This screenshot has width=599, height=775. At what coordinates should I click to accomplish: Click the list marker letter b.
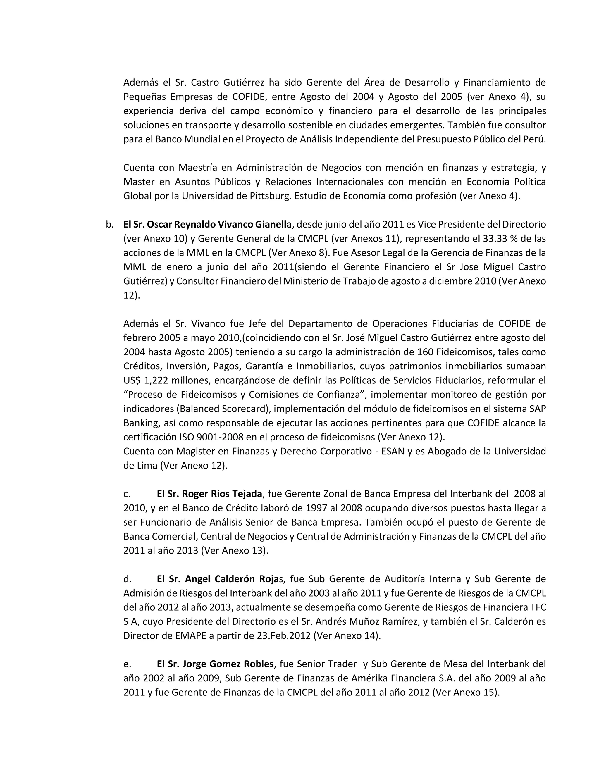tap(110, 225)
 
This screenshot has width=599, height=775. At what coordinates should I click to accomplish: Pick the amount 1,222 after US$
tap(156, 380)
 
